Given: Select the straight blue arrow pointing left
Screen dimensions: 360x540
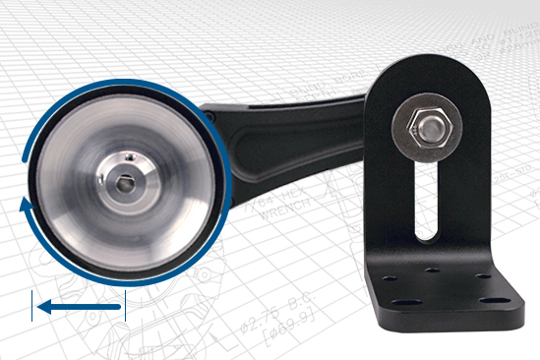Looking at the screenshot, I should (x=79, y=309).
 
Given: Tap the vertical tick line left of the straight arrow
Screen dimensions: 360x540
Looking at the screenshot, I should (x=33, y=305).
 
